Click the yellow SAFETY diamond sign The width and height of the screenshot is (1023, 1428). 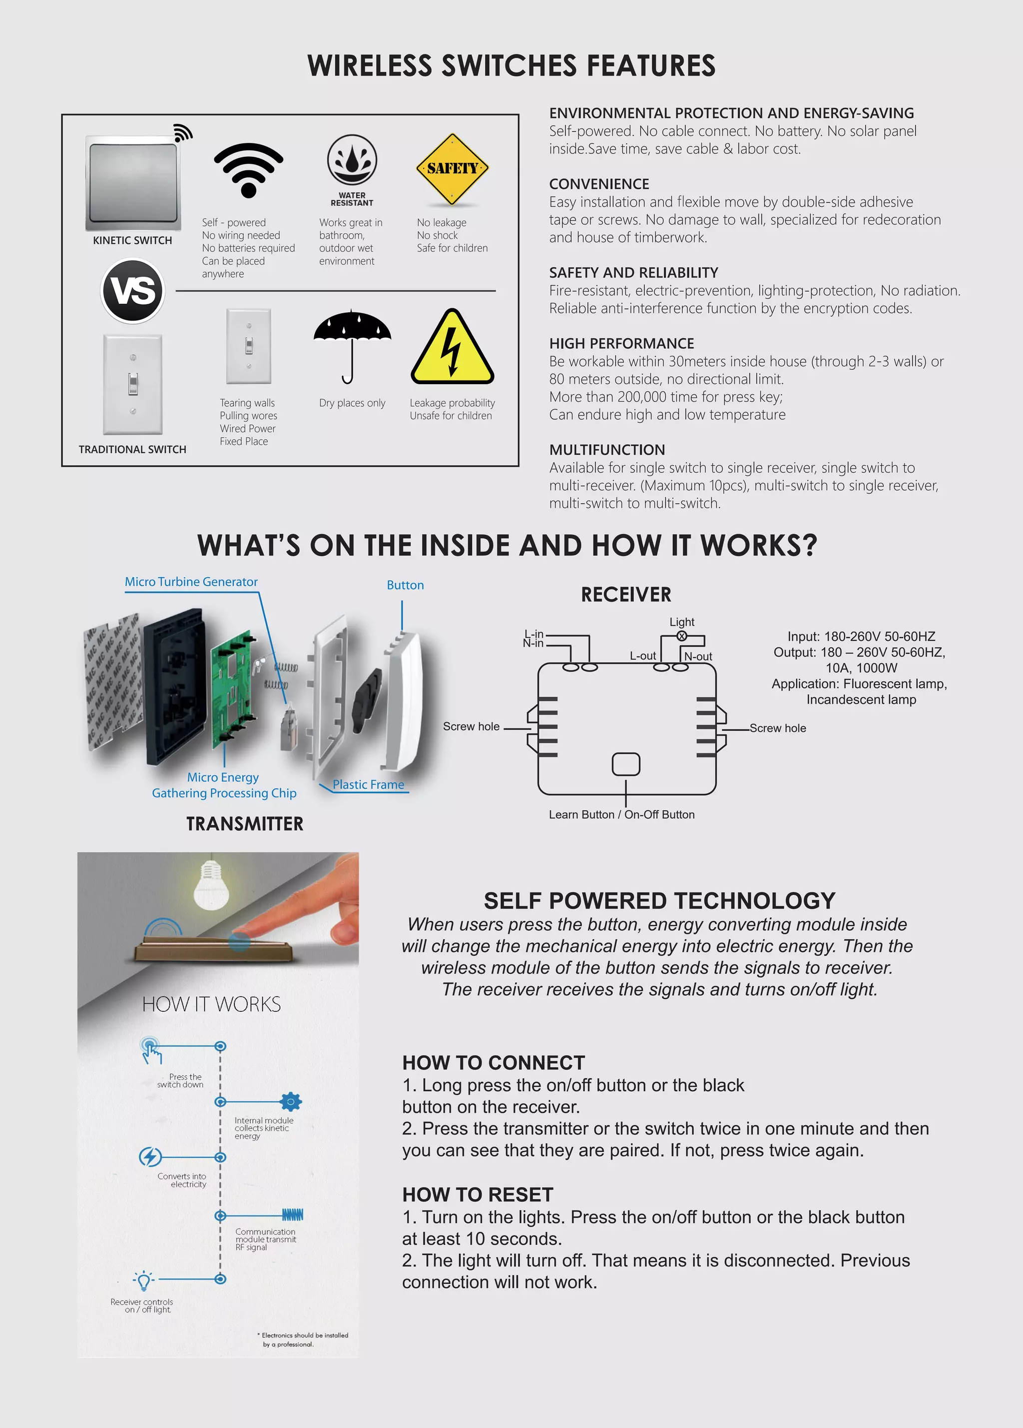tap(452, 169)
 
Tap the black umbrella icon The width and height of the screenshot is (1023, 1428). tap(352, 343)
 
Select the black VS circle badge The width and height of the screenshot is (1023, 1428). tap(133, 291)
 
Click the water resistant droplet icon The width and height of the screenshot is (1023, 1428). tap(352, 160)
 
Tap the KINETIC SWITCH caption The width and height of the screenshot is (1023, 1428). tap(132, 240)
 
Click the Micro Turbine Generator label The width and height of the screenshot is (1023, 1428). tap(191, 582)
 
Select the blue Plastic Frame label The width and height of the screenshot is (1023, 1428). tap(368, 784)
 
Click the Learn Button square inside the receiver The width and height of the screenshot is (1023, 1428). tap(626, 764)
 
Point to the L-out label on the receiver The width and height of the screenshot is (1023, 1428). tap(643, 656)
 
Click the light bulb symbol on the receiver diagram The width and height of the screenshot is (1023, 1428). tap(681, 636)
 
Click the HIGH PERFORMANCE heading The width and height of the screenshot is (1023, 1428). tap(621, 344)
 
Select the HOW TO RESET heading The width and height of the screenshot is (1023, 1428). tap(477, 1194)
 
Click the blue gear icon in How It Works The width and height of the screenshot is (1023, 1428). tap(290, 1102)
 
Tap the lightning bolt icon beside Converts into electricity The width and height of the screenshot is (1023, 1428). tap(150, 1157)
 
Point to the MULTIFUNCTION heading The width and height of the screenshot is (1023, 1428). tap(607, 450)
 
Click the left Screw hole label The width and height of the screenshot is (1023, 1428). tap(471, 726)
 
